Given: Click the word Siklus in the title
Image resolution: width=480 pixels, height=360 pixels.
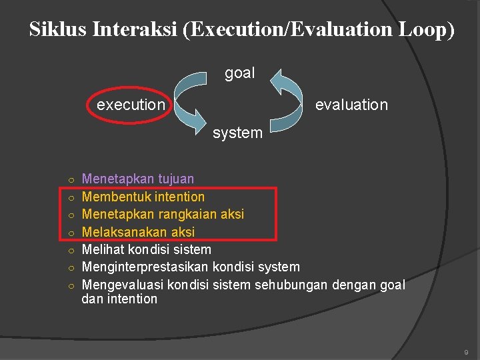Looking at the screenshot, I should pyautogui.click(x=58, y=30).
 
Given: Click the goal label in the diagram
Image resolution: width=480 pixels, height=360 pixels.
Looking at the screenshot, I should pyautogui.click(x=239, y=73).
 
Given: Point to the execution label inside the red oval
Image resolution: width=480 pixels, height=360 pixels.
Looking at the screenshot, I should pyautogui.click(x=131, y=105).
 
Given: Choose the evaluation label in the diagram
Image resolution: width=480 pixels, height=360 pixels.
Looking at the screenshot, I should pyautogui.click(x=351, y=105).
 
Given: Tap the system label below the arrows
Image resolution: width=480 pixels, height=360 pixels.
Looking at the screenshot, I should pyautogui.click(x=237, y=133).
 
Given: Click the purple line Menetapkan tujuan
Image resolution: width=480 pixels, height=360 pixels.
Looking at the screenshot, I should pyautogui.click(x=137, y=179).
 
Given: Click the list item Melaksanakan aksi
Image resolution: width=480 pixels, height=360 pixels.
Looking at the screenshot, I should pyautogui.click(x=137, y=232).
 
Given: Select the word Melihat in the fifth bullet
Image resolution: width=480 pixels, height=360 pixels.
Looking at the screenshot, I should pyautogui.click(x=102, y=249).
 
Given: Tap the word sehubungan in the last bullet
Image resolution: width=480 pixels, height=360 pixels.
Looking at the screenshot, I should pyautogui.click(x=288, y=285).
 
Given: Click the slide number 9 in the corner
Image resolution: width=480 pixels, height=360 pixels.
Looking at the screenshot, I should pyautogui.click(x=466, y=351).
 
